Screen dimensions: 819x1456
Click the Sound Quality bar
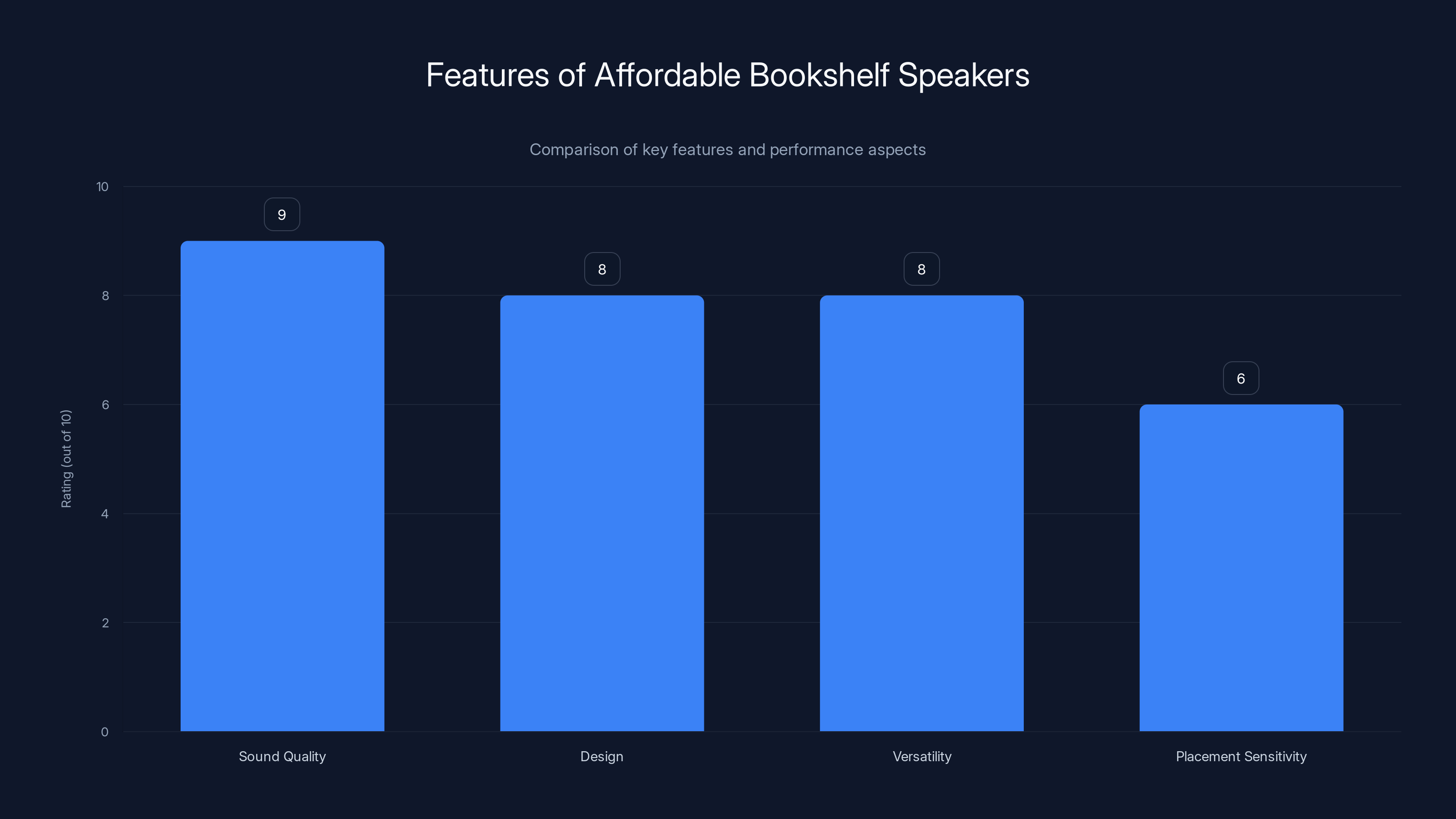click(282, 486)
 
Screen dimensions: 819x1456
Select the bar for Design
click(602, 513)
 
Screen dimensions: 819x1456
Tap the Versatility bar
click(921, 513)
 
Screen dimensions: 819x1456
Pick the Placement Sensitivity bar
click(1241, 567)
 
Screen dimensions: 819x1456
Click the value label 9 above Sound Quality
click(282, 215)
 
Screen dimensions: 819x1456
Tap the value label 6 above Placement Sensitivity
click(1241, 379)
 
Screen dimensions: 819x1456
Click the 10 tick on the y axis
click(102, 187)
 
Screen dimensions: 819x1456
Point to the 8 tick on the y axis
click(105, 296)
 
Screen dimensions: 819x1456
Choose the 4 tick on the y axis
click(105, 514)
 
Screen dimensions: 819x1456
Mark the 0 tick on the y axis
click(105, 733)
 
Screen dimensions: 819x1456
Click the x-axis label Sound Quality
click(282, 757)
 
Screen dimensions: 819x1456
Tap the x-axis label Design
click(602, 757)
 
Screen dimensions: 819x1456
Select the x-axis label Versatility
click(921, 757)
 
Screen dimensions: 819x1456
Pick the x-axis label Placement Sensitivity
click(1241, 757)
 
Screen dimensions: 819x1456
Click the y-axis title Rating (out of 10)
click(66, 459)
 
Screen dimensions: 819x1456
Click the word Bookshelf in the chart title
click(819, 75)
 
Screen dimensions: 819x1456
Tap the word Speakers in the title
click(964, 75)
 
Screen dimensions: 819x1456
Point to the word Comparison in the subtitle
click(574, 150)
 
